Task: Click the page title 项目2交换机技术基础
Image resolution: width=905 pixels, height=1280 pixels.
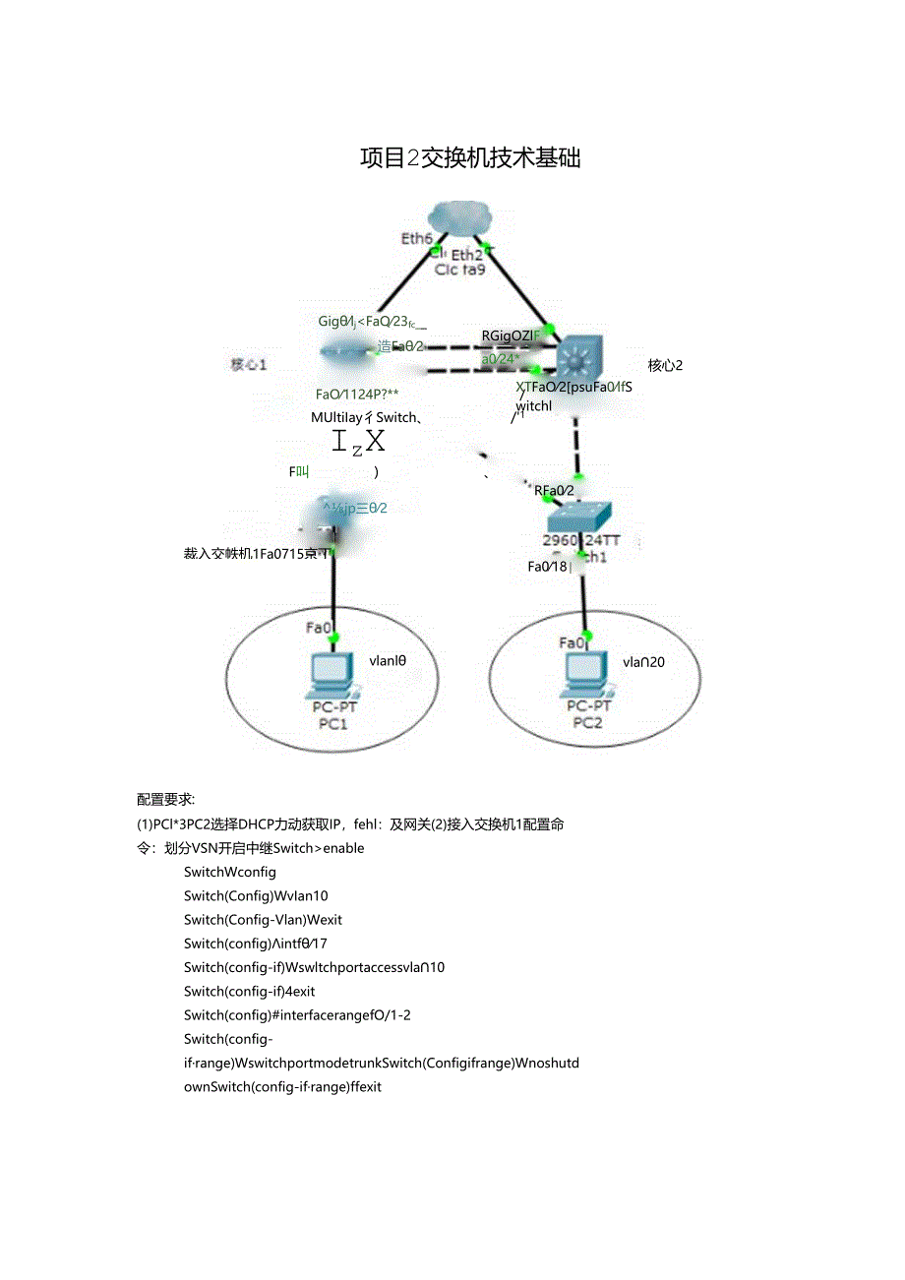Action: click(470, 157)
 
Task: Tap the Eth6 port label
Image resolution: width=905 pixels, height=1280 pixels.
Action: click(416, 239)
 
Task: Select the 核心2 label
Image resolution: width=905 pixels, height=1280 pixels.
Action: click(665, 366)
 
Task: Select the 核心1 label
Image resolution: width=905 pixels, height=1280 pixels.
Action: click(249, 365)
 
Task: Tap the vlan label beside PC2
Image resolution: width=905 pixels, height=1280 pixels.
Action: click(643, 662)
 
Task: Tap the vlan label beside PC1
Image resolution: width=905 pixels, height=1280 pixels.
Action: click(388, 661)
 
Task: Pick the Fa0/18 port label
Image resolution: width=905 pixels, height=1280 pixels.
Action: click(547, 567)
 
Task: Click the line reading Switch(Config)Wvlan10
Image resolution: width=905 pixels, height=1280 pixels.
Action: click(256, 896)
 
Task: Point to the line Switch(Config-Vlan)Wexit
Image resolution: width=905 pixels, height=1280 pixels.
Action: click(263, 920)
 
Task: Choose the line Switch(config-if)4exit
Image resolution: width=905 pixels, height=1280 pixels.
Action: click(249, 992)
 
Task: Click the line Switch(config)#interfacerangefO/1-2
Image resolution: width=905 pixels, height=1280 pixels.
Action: click(297, 1015)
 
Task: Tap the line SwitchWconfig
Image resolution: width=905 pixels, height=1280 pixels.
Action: click(229, 872)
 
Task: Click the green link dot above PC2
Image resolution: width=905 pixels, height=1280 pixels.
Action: click(586, 635)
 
